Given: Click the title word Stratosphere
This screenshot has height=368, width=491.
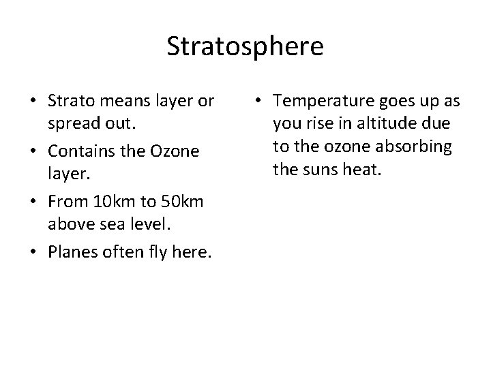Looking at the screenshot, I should [245, 47].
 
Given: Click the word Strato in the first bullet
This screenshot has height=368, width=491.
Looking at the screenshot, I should [70, 102].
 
